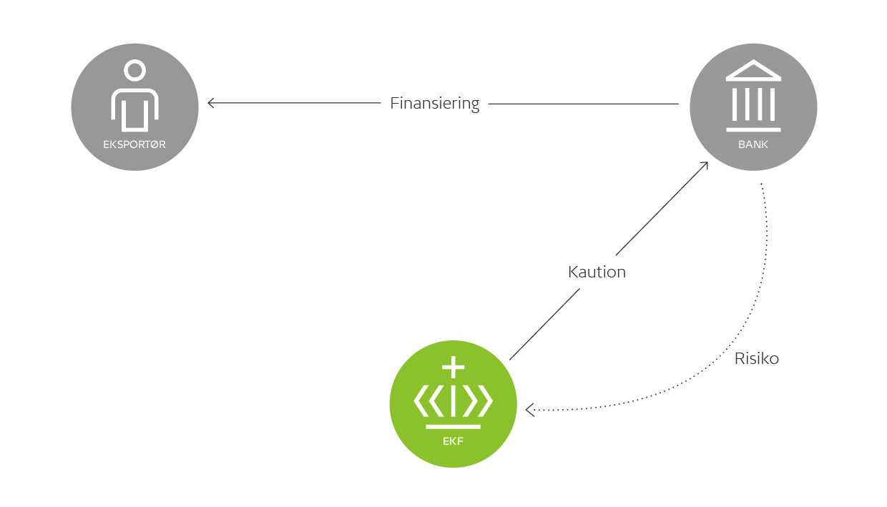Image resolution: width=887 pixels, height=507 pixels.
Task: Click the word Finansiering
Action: [434, 103]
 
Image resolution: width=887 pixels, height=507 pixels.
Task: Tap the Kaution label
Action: [597, 272]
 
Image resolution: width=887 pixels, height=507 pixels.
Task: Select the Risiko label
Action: [756, 358]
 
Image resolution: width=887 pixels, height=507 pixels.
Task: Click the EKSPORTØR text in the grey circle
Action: [134, 144]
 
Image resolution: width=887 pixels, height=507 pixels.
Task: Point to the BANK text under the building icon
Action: [753, 144]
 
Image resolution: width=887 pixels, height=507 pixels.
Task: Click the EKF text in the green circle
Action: [453, 440]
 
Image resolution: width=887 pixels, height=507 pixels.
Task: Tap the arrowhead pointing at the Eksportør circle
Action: [211, 103]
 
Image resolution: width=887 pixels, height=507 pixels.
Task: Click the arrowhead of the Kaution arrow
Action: [705, 165]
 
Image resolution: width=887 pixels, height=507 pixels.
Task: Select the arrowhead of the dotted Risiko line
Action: [529, 410]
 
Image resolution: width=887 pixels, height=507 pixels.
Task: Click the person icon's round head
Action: [134, 71]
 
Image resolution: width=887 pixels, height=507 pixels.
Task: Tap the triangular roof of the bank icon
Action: [753, 72]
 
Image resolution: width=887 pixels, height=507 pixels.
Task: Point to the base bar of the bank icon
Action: [753, 129]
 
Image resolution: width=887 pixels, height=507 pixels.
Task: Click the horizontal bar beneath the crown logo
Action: [453, 427]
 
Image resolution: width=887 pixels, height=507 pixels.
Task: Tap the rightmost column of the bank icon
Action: [772, 104]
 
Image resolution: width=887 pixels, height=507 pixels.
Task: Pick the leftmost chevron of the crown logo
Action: [421, 401]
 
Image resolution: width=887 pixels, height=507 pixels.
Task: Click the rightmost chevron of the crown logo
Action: [485, 401]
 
